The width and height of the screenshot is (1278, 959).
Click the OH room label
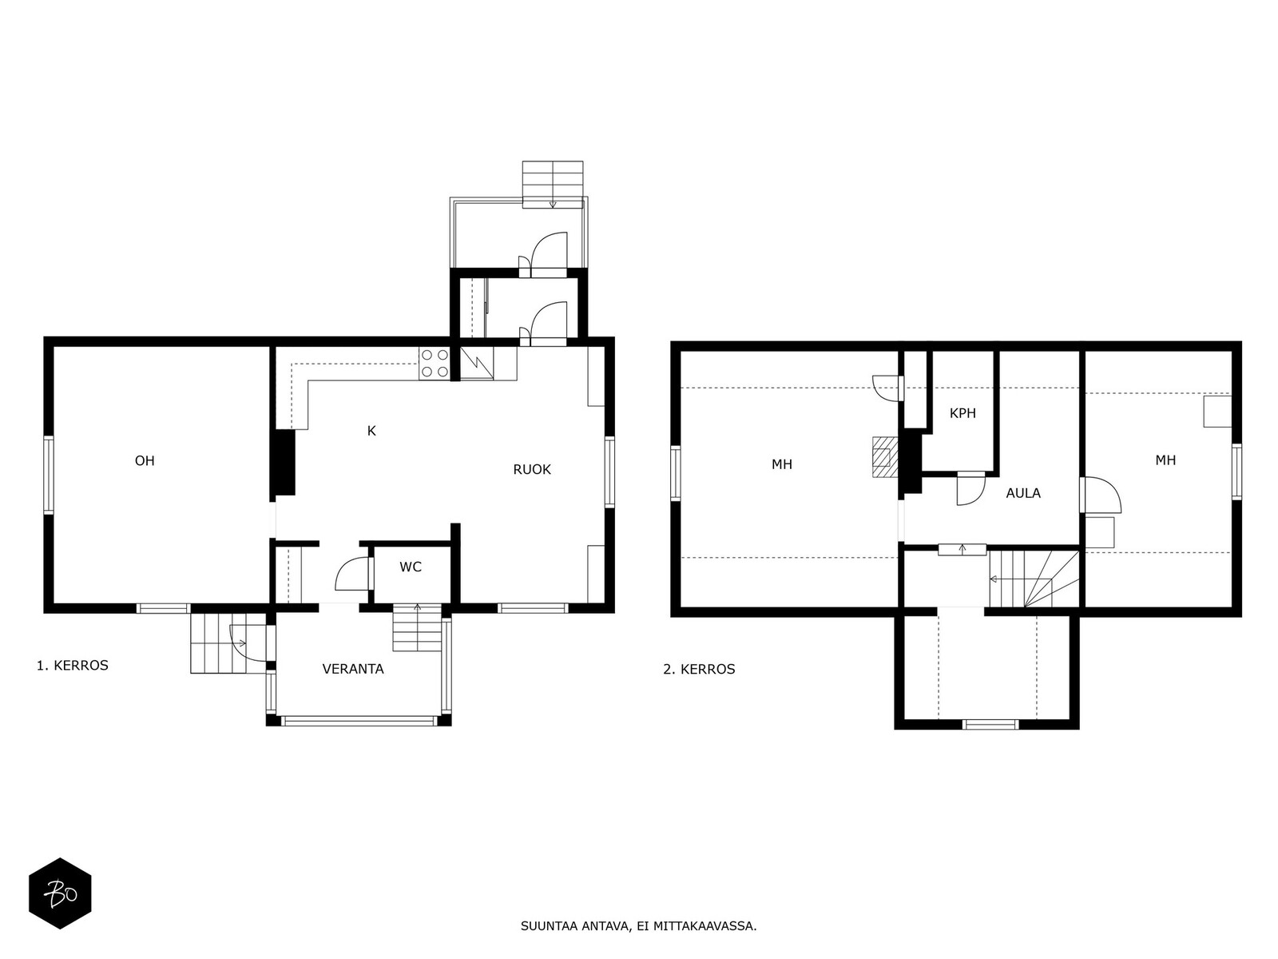(145, 460)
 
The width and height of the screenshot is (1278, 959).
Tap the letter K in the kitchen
(371, 431)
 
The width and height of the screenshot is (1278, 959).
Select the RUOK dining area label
(532, 469)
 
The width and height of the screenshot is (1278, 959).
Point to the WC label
(411, 567)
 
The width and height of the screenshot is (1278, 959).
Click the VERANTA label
(353, 669)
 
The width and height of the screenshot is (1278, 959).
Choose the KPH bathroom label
(962, 413)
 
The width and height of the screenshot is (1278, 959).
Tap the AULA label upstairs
(1023, 493)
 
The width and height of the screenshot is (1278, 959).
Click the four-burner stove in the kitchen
(435, 364)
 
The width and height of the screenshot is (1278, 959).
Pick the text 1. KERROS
(72, 666)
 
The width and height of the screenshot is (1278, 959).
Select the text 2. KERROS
(699, 669)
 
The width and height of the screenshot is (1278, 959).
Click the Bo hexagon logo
(60, 893)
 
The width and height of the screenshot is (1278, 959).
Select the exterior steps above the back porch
(553, 184)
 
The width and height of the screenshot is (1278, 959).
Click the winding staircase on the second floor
(1034, 579)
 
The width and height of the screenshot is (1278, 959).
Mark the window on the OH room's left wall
(49, 475)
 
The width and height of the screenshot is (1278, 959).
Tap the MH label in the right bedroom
(1165, 460)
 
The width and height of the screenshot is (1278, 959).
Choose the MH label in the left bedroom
(781, 464)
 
